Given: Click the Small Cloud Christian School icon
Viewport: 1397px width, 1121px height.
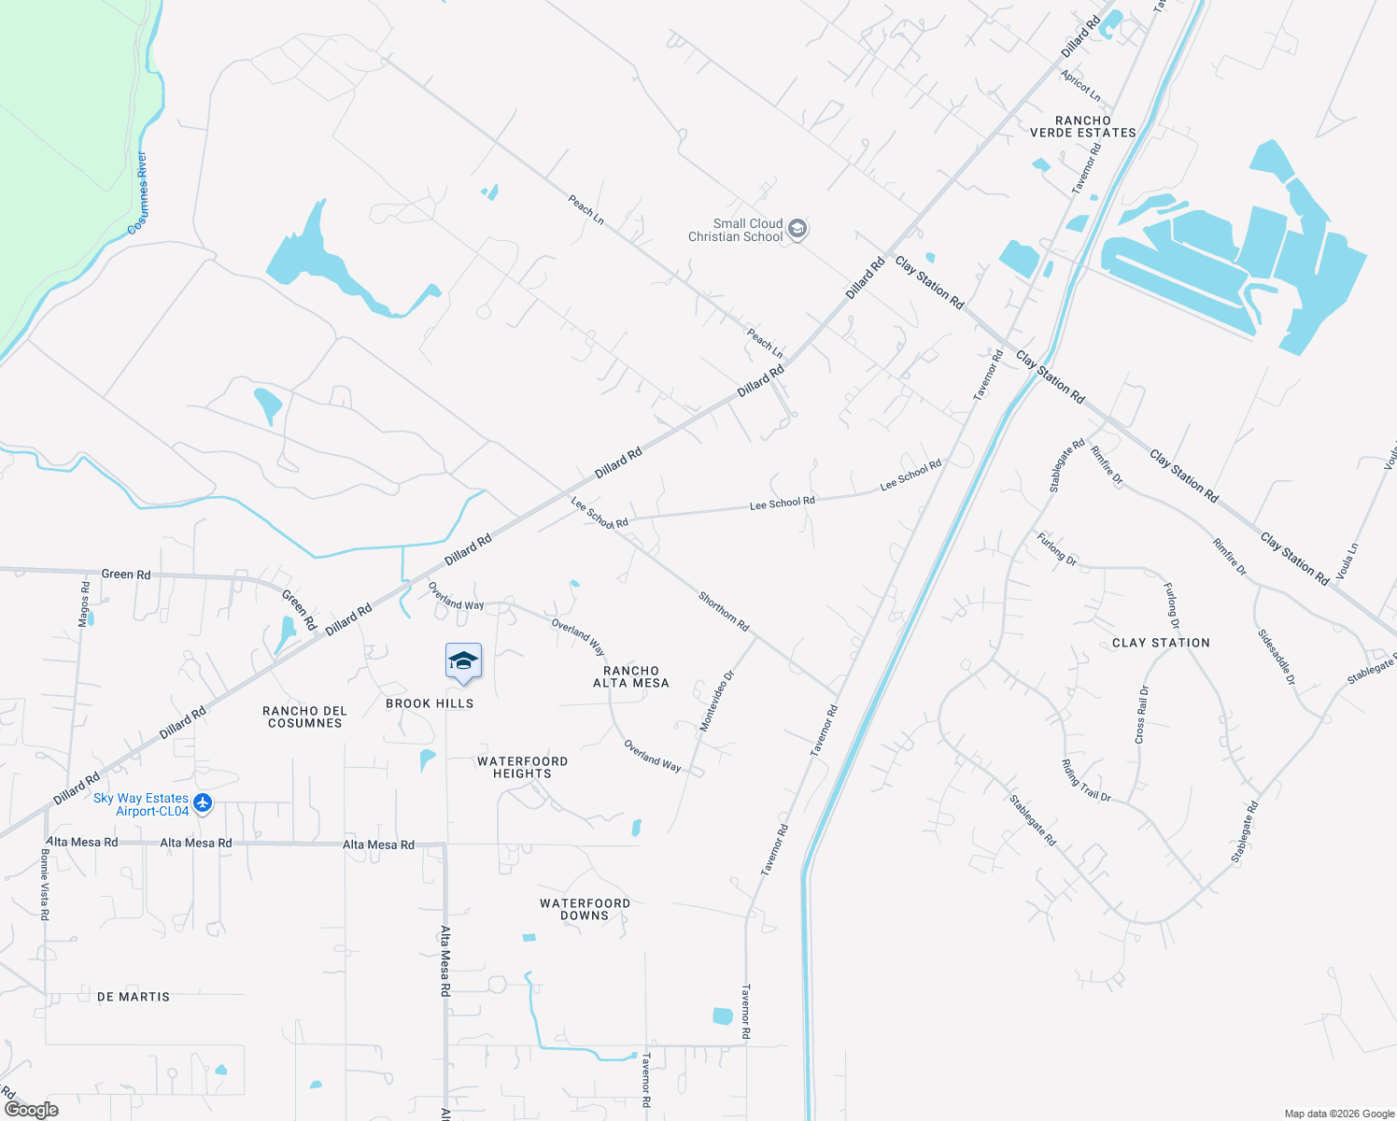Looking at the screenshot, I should [797, 230].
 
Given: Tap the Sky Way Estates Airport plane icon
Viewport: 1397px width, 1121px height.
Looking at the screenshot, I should [203, 803].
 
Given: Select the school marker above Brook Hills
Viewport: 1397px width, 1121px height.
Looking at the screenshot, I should [463, 662].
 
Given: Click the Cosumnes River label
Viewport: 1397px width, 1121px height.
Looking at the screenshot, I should [139, 192].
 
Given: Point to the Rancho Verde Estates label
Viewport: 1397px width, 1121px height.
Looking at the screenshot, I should [1083, 127].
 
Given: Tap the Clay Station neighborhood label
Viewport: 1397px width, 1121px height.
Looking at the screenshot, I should [1161, 643].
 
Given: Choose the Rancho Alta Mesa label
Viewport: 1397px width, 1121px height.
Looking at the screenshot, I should [631, 677].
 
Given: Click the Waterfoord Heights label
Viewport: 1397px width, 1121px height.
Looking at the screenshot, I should [522, 768].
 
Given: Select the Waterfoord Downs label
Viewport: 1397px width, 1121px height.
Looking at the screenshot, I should [585, 910].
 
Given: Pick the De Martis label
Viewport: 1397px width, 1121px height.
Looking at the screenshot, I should [134, 997].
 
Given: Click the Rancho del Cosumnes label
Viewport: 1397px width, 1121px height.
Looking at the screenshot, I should [304, 717].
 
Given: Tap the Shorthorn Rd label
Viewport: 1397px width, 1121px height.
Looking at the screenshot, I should [724, 611].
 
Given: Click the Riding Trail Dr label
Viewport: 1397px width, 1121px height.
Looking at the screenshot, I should [1086, 781].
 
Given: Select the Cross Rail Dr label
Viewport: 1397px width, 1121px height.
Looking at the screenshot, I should [1142, 715].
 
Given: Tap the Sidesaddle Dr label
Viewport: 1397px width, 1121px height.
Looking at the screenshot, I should [1277, 658].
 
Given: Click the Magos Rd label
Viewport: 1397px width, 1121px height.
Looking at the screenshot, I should [85, 603].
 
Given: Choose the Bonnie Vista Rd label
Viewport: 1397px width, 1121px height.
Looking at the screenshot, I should [44, 885].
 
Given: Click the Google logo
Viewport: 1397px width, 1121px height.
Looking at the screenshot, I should [32, 1110].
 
